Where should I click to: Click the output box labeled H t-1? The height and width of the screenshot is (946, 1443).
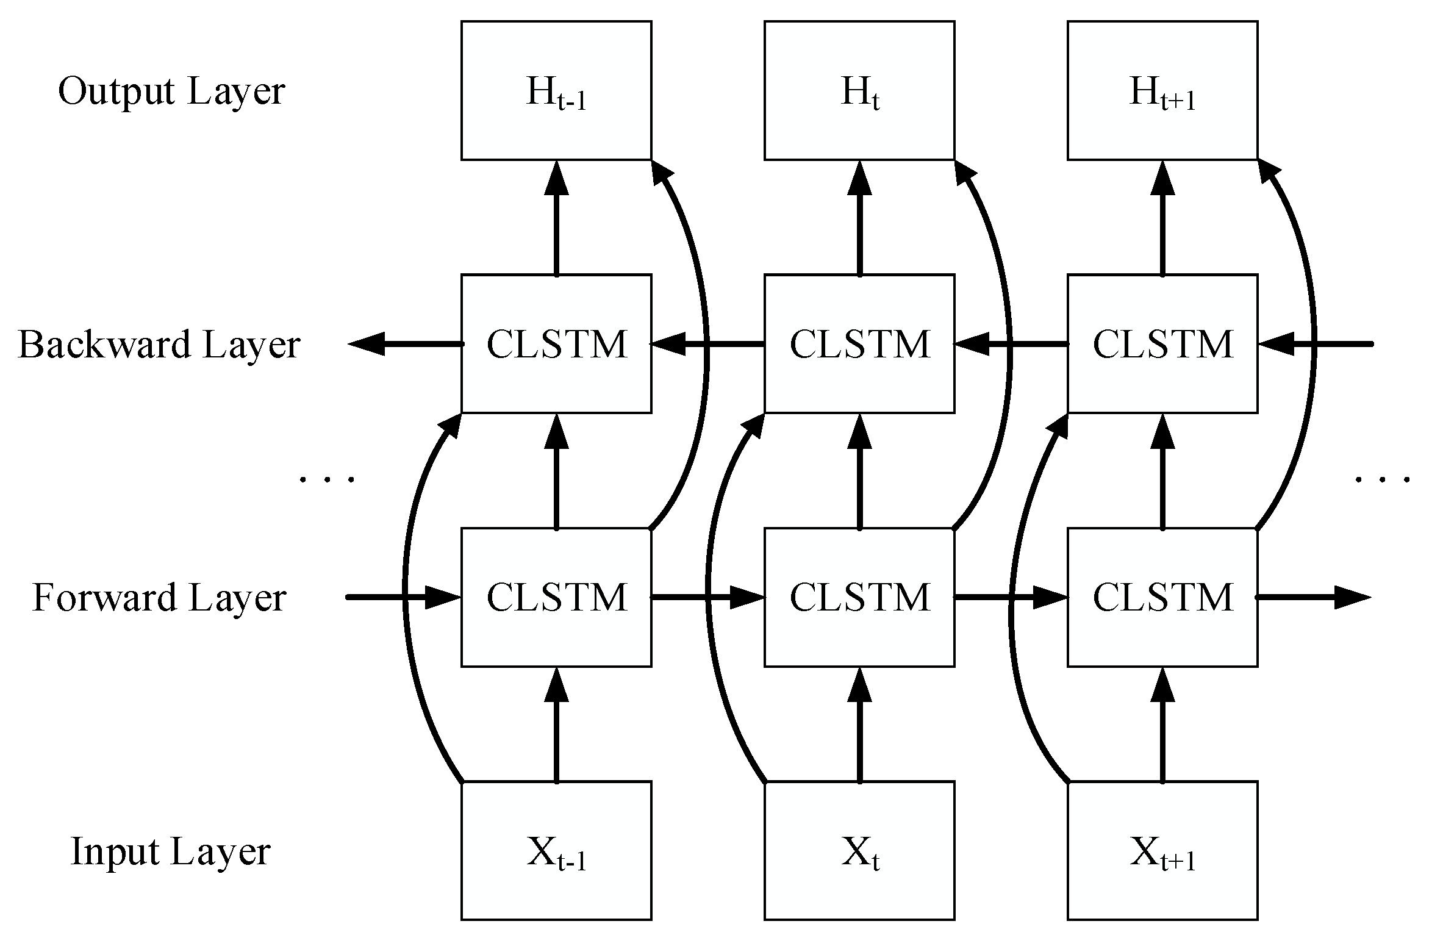click(x=556, y=91)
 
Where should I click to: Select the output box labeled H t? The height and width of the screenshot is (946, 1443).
click(x=859, y=91)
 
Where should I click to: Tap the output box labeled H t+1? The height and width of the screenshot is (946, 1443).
click(x=1162, y=91)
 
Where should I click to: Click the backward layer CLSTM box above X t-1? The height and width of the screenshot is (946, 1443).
click(x=556, y=344)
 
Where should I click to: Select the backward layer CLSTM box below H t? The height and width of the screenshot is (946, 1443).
click(x=859, y=344)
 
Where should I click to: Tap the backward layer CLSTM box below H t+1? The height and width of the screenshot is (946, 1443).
click(x=1162, y=344)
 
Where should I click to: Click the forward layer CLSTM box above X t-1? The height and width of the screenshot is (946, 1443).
click(x=556, y=597)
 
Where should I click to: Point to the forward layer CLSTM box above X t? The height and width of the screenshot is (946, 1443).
click(x=859, y=597)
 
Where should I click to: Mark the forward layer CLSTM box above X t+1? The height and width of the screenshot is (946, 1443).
click(x=1162, y=597)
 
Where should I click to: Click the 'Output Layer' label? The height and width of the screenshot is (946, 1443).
click(x=171, y=93)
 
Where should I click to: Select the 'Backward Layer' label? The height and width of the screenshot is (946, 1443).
click(x=159, y=345)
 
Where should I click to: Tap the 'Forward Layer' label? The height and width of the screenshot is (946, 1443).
click(x=159, y=598)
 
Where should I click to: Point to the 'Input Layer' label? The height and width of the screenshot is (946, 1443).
click(x=171, y=852)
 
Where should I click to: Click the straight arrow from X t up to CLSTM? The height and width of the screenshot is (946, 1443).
click(x=860, y=725)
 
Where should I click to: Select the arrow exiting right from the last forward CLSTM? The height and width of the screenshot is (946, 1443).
click(x=1315, y=597)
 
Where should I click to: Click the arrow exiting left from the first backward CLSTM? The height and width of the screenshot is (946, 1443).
click(x=405, y=344)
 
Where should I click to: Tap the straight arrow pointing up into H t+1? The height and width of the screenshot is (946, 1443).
click(x=1162, y=218)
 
